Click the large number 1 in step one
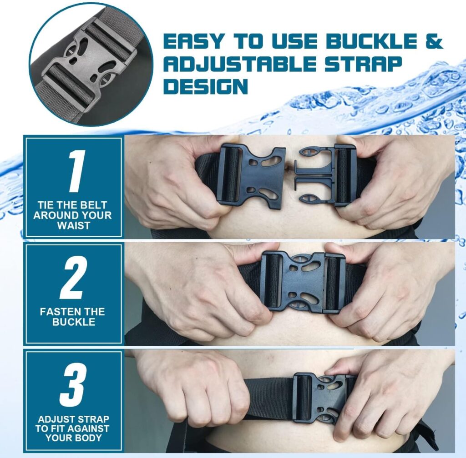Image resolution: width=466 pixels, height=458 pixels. coord(76,171)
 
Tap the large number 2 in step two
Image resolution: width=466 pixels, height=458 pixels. coord(73,277)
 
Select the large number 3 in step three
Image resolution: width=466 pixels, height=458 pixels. coord(73,384)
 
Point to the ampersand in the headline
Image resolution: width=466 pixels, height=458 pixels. coord(434,41)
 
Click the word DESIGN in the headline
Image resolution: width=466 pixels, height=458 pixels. coord(206,86)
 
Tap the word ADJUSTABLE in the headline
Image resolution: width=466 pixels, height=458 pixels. coord(239,64)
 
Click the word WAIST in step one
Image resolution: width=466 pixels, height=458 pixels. coord(73,225)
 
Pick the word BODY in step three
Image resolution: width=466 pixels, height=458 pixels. coord(88,438)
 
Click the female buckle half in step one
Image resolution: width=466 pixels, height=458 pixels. coord(251,176)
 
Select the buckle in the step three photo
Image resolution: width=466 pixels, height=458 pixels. coord(323,398)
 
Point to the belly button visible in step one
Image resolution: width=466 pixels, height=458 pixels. coord(288,169)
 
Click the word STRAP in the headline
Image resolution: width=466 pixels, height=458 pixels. coord(363,64)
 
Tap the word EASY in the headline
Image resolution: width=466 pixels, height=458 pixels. coord(193,41)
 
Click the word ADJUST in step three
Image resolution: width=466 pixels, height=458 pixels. coord(55,419)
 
